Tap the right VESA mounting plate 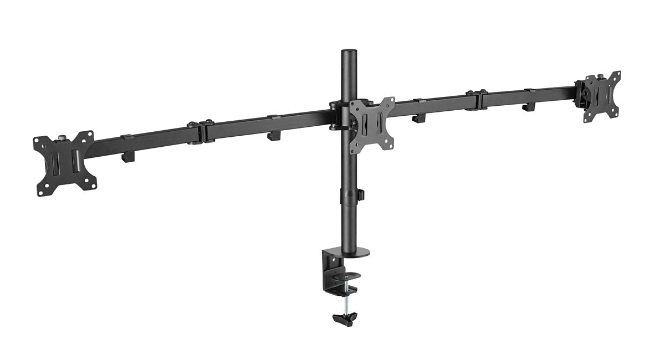click(x=601, y=96)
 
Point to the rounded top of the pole click(x=349, y=52)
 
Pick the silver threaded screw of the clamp click(x=345, y=301)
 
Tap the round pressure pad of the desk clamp click(x=347, y=275)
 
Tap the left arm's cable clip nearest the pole click(x=274, y=134)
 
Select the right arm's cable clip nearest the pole click(x=418, y=117)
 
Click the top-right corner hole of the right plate click(x=616, y=74)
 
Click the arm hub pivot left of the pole click(x=335, y=115)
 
